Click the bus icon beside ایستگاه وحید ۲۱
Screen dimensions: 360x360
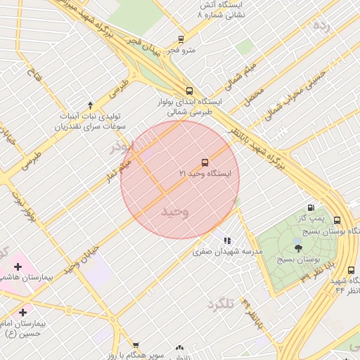pos(205,162)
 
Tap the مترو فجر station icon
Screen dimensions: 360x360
pos(181,39)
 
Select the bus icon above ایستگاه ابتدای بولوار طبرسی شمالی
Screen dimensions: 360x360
pos(188,91)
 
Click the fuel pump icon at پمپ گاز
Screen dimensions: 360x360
pos(309,208)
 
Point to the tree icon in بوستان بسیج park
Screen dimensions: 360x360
pos(297,247)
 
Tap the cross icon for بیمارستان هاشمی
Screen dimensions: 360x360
pos(18,267)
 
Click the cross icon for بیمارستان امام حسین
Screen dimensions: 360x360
pos(23,311)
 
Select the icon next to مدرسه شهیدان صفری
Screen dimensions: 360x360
pos(226,240)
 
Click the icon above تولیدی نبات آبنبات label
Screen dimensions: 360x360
pos(89,104)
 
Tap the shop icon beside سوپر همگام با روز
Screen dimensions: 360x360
pos(179,347)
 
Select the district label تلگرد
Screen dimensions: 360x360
pos(219,304)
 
